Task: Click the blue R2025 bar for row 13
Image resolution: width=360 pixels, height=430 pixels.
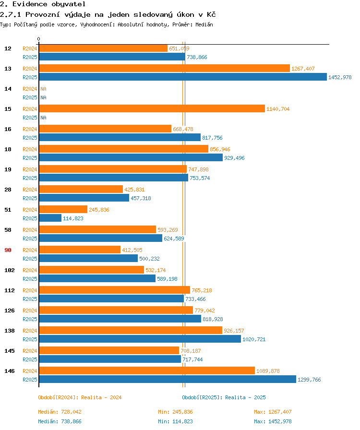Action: click(x=183, y=77)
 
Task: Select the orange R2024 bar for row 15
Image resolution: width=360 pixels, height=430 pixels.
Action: click(x=152, y=108)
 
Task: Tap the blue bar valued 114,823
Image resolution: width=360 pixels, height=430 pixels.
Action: click(x=50, y=218)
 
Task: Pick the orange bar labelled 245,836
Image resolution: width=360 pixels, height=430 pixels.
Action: click(x=63, y=210)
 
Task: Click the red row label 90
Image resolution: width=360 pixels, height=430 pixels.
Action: click(x=8, y=250)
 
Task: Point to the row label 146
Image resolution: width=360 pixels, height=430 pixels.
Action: click(x=10, y=371)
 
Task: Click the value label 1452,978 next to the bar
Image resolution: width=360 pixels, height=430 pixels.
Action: click(x=340, y=77)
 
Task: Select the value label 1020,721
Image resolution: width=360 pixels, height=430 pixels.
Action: click(x=254, y=339)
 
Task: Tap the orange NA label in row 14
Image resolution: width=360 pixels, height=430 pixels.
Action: click(x=43, y=89)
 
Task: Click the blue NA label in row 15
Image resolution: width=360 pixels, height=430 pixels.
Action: click(x=43, y=118)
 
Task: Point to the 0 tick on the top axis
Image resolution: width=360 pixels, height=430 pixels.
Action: click(x=39, y=39)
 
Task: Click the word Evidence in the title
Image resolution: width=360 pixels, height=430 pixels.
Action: click(x=30, y=4)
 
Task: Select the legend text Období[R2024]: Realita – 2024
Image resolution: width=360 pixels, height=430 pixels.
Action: click(x=80, y=397)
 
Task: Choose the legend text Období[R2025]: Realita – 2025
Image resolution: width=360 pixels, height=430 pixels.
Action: click(x=224, y=397)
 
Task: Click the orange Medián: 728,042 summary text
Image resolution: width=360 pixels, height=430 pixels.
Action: click(x=60, y=412)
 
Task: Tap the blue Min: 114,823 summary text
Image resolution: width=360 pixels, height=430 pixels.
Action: click(x=175, y=421)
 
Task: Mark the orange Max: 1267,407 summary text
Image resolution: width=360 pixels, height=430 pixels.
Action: click(x=273, y=412)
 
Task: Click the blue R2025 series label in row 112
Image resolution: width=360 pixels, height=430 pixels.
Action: click(x=30, y=299)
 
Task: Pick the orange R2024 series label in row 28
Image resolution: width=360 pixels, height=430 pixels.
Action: click(x=30, y=190)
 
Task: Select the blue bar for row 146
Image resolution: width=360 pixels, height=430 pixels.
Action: click(x=168, y=379)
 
